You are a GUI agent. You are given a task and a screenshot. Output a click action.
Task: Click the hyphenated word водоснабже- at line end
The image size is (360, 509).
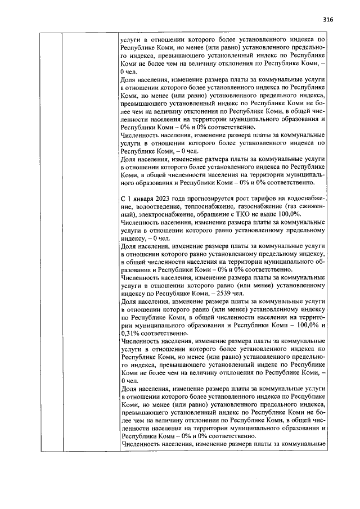pos(309,199)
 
